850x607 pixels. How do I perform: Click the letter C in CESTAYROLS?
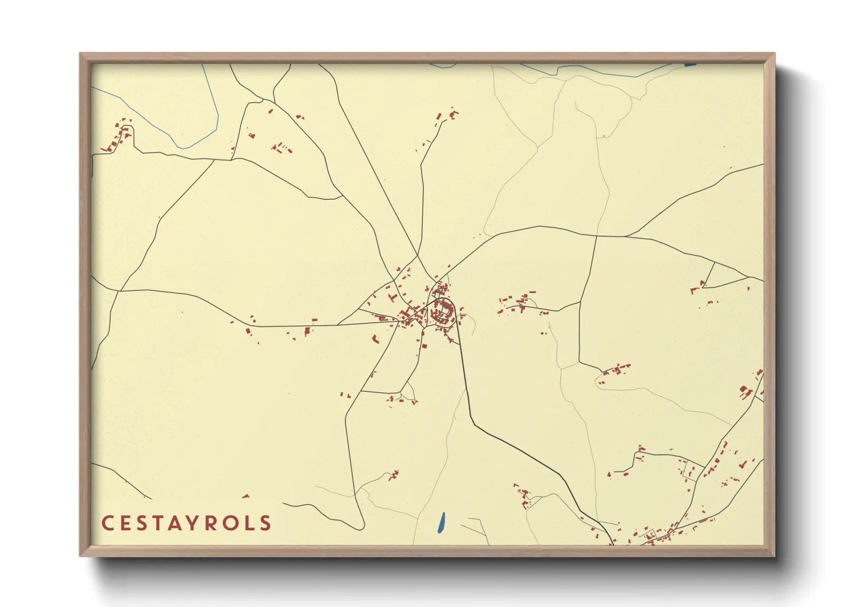point(107,523)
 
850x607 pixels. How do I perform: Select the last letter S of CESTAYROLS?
point(265,523)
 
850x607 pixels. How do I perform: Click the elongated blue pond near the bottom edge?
point(441,522)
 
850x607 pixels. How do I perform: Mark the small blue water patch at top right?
point(690,65)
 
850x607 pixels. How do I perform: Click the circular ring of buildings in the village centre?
point(443,312)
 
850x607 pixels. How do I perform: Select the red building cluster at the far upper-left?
point(118,137)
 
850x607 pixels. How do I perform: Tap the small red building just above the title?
point(246,496)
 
